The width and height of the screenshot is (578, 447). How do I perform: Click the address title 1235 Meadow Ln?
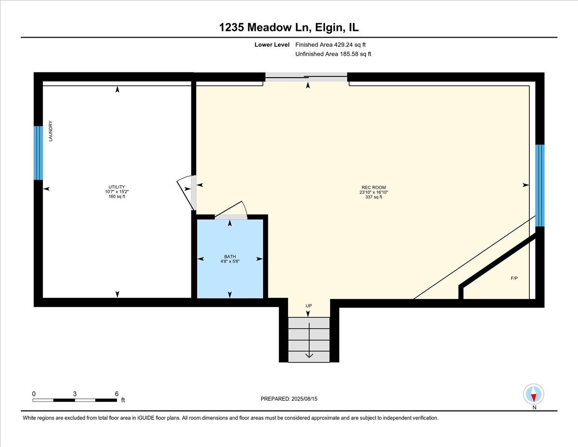point(265,27)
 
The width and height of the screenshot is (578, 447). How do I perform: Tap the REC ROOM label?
point(373,188)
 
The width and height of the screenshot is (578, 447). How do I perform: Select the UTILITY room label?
point(117,187)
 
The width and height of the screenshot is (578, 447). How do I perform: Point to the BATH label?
point(230,257)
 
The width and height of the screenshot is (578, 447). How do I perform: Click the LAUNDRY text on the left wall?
point(51,131)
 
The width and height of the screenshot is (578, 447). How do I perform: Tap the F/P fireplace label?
point(514,278)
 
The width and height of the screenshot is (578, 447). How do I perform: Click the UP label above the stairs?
point(309,306)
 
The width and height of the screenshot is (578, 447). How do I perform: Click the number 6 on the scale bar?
point(117,394)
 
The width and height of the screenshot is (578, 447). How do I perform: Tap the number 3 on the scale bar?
point(75,394)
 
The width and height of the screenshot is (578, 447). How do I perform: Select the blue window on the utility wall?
point(39,153)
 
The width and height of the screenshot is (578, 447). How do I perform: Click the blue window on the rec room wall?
point(540,186)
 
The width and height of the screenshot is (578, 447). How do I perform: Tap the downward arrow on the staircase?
point(309,340)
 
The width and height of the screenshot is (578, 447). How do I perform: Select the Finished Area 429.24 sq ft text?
point(330,45)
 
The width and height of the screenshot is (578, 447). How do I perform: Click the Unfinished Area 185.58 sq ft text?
point(333,54)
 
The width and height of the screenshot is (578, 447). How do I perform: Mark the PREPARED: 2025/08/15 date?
point(289,399)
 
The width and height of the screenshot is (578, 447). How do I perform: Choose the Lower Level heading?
point(272,45)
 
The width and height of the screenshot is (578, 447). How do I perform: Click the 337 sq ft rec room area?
point(373,197)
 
